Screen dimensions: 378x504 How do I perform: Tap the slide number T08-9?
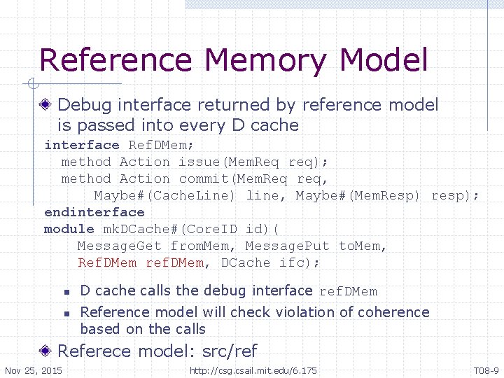pyautogui.click(x=486, y=370)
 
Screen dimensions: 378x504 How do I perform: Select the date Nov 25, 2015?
pyautogui.click(x=33, y=370)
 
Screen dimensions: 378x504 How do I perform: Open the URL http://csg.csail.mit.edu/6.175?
pyautogui.click(x=253, y=370)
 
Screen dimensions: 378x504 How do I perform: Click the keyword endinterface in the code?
pyautogui.click(x=94, y=212)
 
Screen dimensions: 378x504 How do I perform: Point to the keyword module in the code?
pyautogui.click(x=69, y=229)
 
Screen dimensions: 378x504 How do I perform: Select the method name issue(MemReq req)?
pyautogui.click(x=253, y=162)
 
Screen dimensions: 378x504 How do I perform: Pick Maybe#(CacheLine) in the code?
pyautogui.click(x=165, y=195)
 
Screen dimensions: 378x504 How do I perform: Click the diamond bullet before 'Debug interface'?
pyautogui.click(x=46, y=106)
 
